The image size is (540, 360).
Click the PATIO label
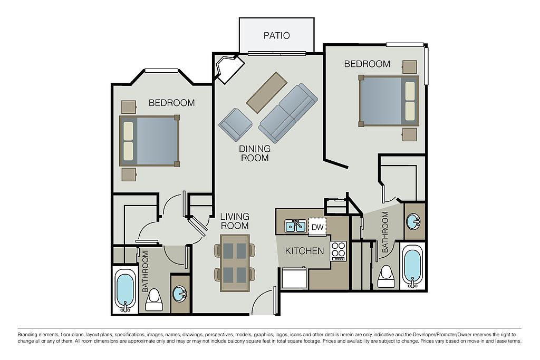(276, 35)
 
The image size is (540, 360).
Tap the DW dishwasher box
(317, 227)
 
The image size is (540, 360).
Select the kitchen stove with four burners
(338, 251)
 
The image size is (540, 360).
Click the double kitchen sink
(296, 226)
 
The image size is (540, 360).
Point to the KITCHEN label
(304, 251)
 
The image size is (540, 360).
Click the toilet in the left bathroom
(153, 300)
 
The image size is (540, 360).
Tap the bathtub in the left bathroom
(124, 290)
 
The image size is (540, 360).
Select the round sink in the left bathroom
(180, 293)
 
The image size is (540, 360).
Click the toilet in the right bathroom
(386, 276)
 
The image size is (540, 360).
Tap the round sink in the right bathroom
(413, 221)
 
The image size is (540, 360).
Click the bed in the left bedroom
(150, 141)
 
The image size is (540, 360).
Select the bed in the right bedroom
(389, 101)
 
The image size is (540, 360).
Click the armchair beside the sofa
(236, 124)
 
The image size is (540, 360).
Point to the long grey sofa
(288, 113)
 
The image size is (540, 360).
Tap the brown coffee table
(266, 92)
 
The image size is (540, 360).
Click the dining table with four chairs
(235, 263)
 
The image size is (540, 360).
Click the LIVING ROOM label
(235, 221)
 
